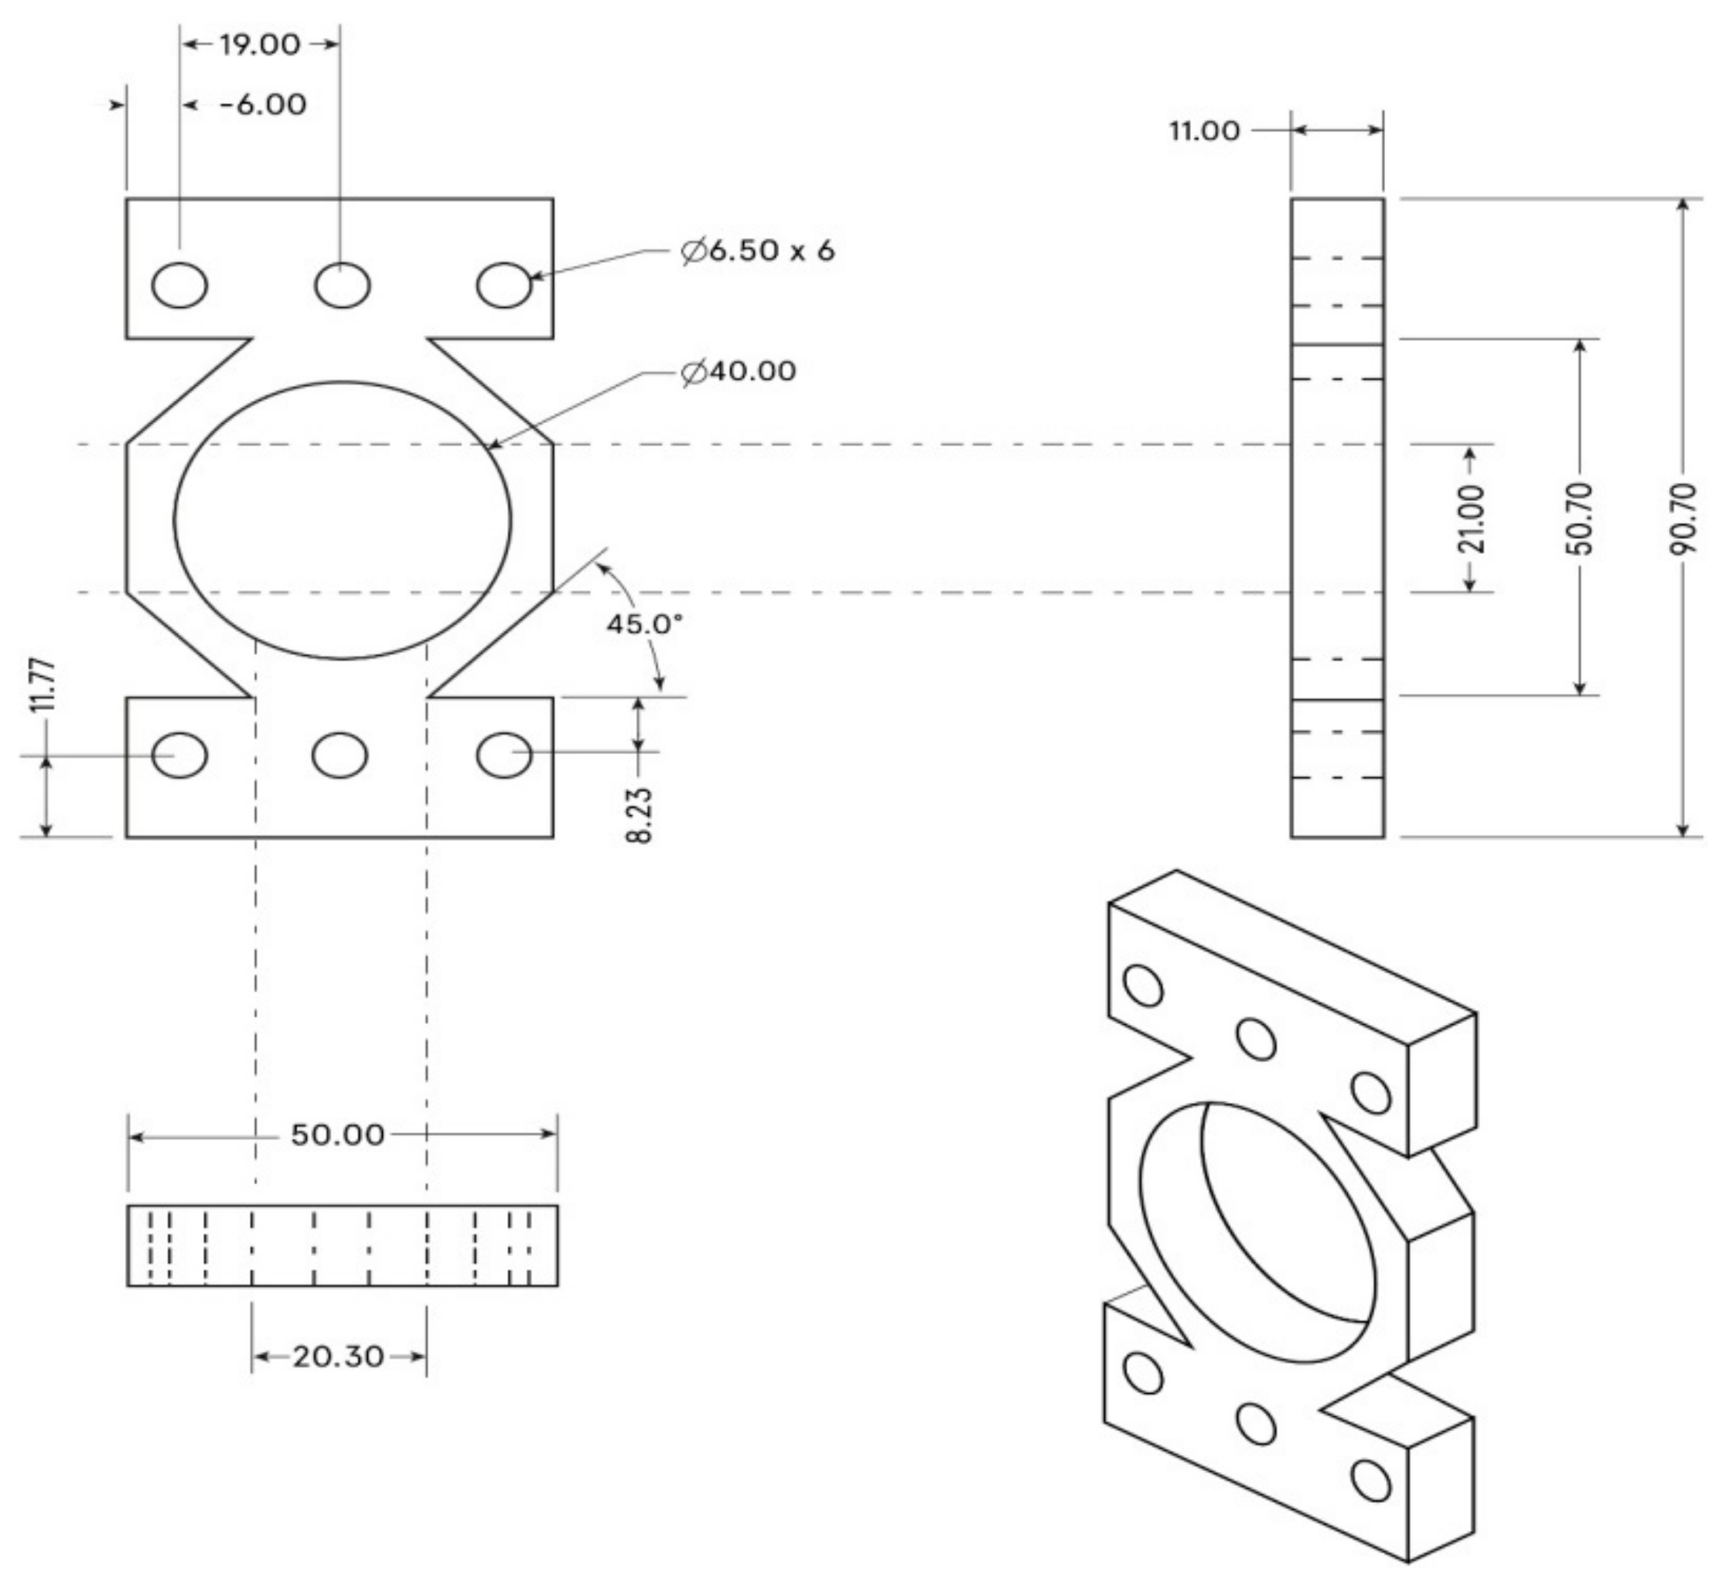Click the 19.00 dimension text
point(260,46)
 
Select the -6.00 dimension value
point(264,105)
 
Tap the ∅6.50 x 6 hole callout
point(757,251)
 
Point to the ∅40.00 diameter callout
point(739,371)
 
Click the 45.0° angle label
point(644,623)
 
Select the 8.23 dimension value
point(640,815)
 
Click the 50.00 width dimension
point(338,1135)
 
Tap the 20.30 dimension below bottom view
point(338,1357)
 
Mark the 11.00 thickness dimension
point(1205,131)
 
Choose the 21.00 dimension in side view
point(1472,518)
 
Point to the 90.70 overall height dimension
point(1684,518)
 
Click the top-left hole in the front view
point(179,285)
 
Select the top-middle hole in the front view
point(343,285)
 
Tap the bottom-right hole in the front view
point(504,756)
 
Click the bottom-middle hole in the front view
point(340,756)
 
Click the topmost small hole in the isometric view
point(1143,985)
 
